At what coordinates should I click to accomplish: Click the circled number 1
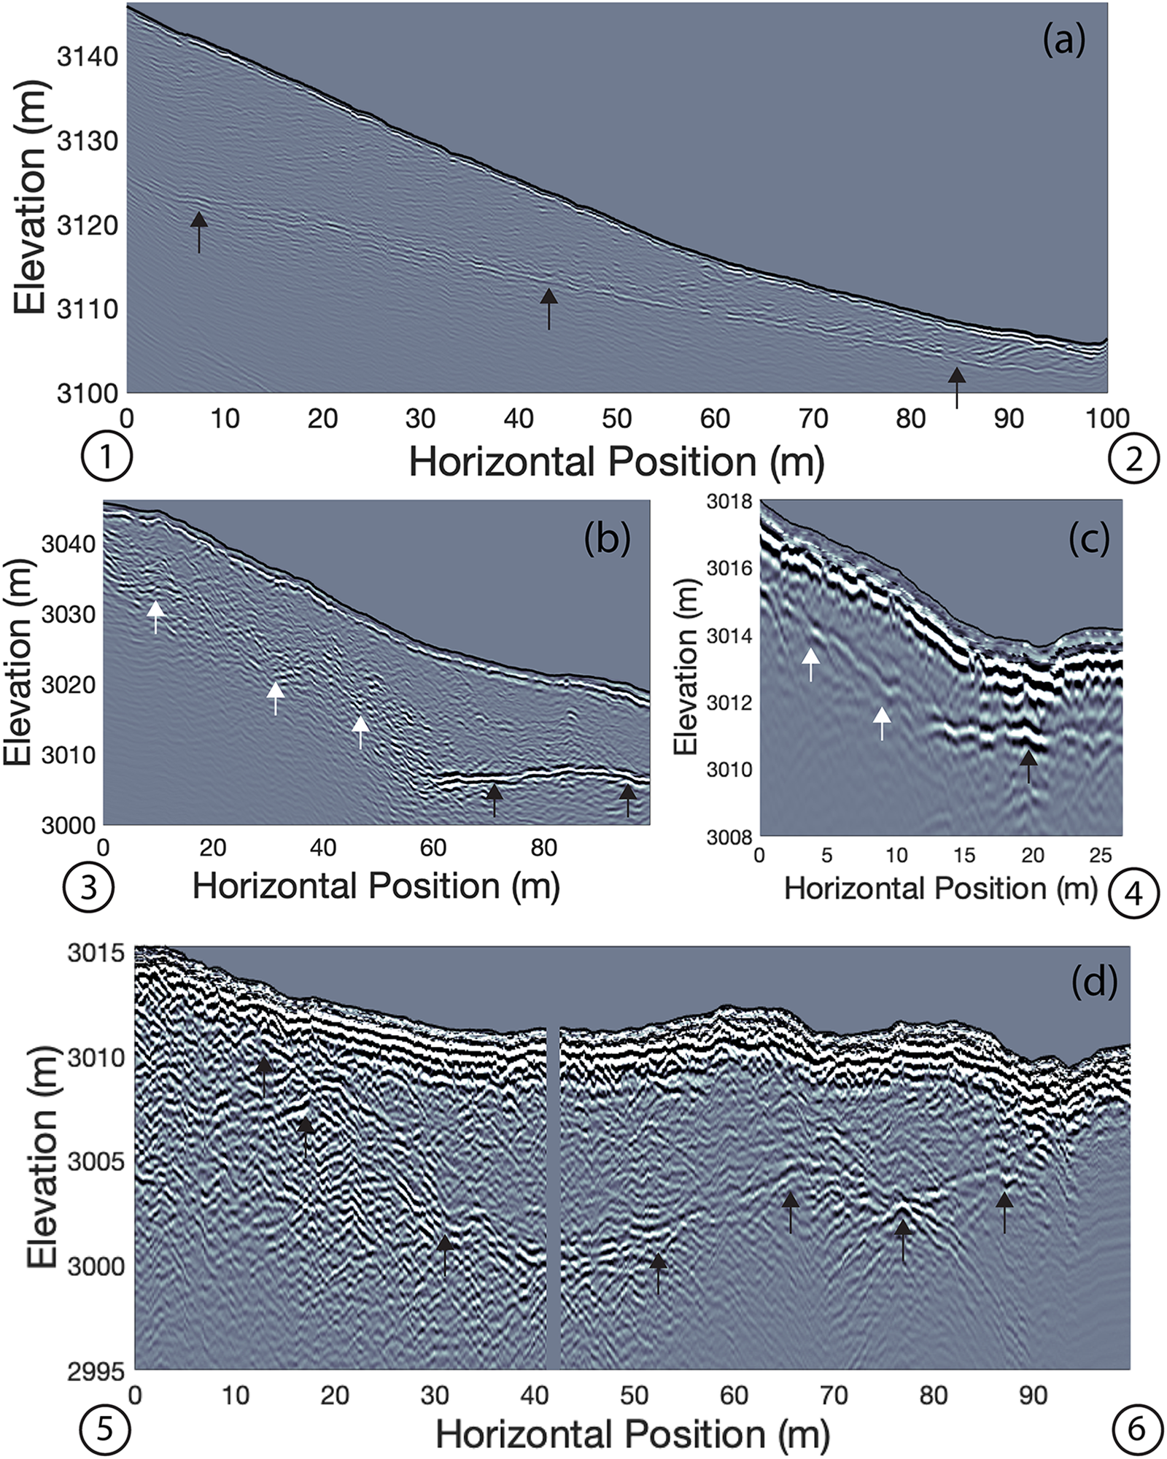coord(107,460)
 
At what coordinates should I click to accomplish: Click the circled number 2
coord(1133,460)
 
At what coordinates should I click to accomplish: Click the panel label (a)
coord(1063,42)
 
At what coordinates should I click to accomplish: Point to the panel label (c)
coord(1088,538)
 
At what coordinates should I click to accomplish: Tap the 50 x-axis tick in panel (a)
coord(616,418)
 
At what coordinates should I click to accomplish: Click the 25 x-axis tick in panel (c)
coord(1100,856)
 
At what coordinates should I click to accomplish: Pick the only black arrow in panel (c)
coord(1028,765)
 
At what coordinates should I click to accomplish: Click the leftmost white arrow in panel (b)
coord(155,616)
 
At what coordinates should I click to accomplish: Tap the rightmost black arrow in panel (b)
coord(627,800)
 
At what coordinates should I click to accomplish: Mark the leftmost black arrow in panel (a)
coord(199,231)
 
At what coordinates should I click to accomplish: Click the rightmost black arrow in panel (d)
coord(1004,1211)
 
